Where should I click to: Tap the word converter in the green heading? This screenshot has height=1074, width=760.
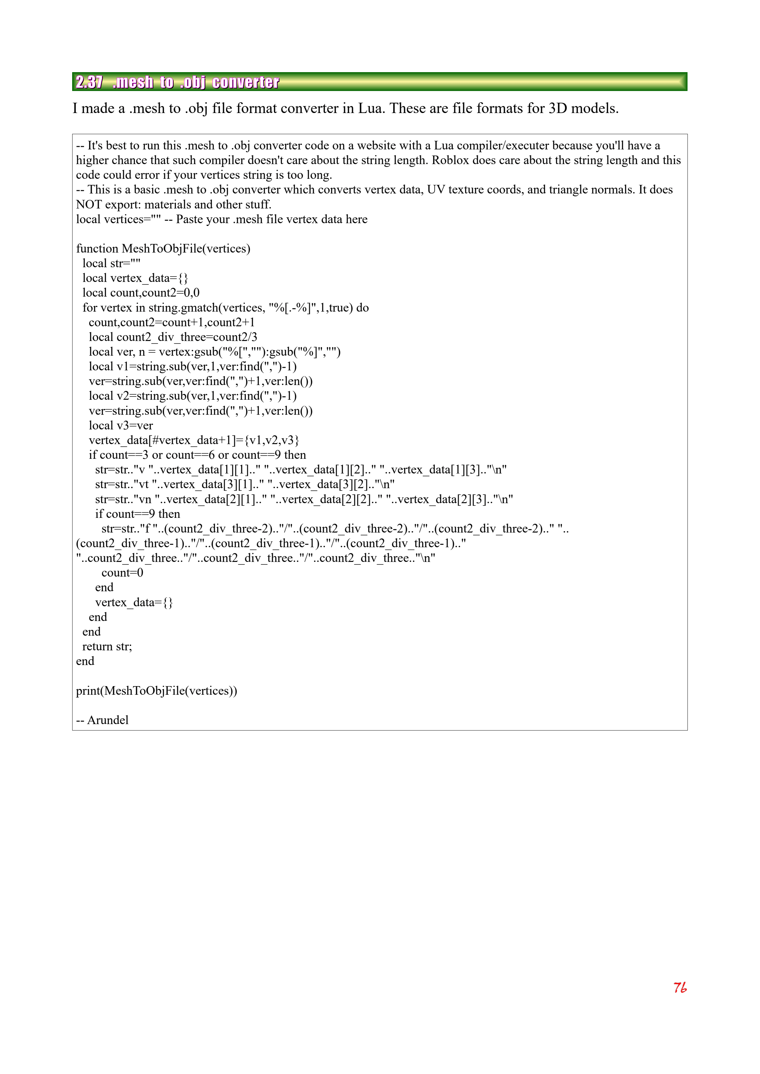(246, 82)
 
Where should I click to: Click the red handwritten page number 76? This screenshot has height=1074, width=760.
(680, 987)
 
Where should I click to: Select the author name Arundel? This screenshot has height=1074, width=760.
(108, 720)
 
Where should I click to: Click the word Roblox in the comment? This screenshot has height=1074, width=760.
(450, 161)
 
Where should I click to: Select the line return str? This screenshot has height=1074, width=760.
(107, 647)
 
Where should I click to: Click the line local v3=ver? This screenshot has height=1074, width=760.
(121, 425)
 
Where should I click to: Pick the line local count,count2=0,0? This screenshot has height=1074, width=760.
(141, 293)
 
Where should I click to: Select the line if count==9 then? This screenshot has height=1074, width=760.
(138, 514)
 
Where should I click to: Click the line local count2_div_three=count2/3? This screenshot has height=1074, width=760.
(173, 337)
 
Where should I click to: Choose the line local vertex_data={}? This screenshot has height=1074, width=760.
(135, 278)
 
